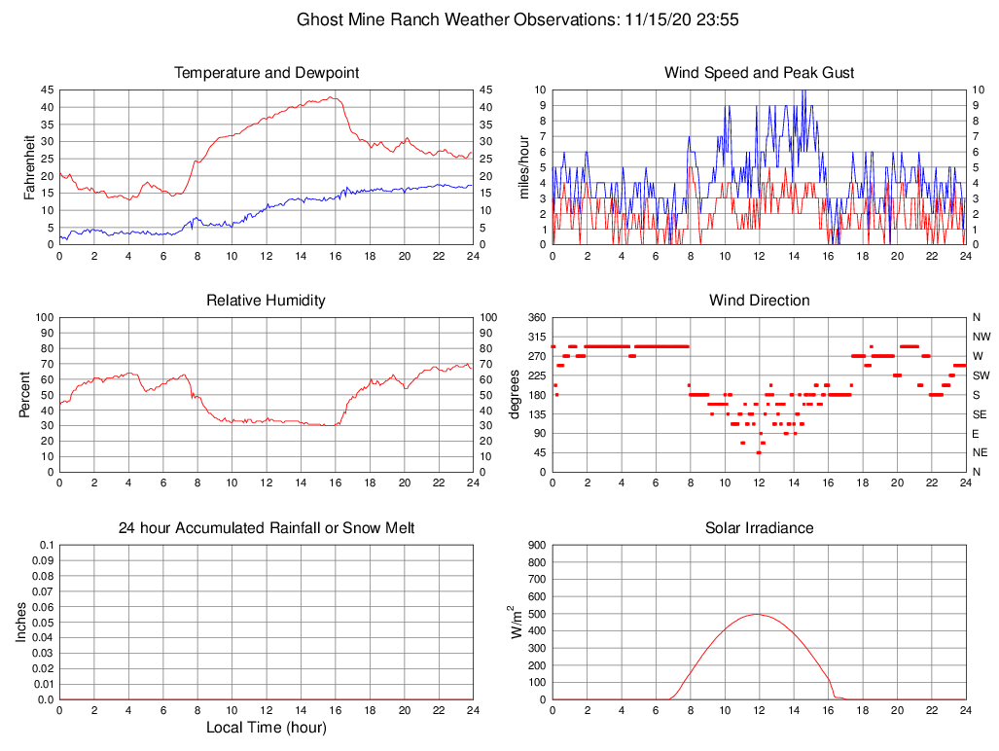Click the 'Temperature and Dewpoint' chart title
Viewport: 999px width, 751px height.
[267, 73]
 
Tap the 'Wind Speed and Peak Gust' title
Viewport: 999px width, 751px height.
[760, 73]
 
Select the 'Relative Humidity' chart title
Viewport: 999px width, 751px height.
[267, 301]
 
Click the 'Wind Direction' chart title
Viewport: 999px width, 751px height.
[760, 301]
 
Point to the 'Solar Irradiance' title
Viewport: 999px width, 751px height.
[760, 528]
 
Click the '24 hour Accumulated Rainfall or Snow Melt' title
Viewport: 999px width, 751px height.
[267, 528]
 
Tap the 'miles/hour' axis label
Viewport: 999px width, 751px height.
[524, 166]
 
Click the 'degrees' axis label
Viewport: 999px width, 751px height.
[515, 394]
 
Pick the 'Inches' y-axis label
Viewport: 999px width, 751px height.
[21, 622]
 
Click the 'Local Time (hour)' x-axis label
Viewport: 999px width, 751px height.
[267, 728]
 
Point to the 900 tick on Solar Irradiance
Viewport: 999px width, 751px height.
[535, 545]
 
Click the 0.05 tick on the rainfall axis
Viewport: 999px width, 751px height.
[43, 622]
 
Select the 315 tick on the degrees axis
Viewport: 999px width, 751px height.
[535, 337]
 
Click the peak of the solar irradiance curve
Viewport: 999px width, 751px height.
[758, 614]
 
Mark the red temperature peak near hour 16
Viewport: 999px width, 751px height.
[332, 96]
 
